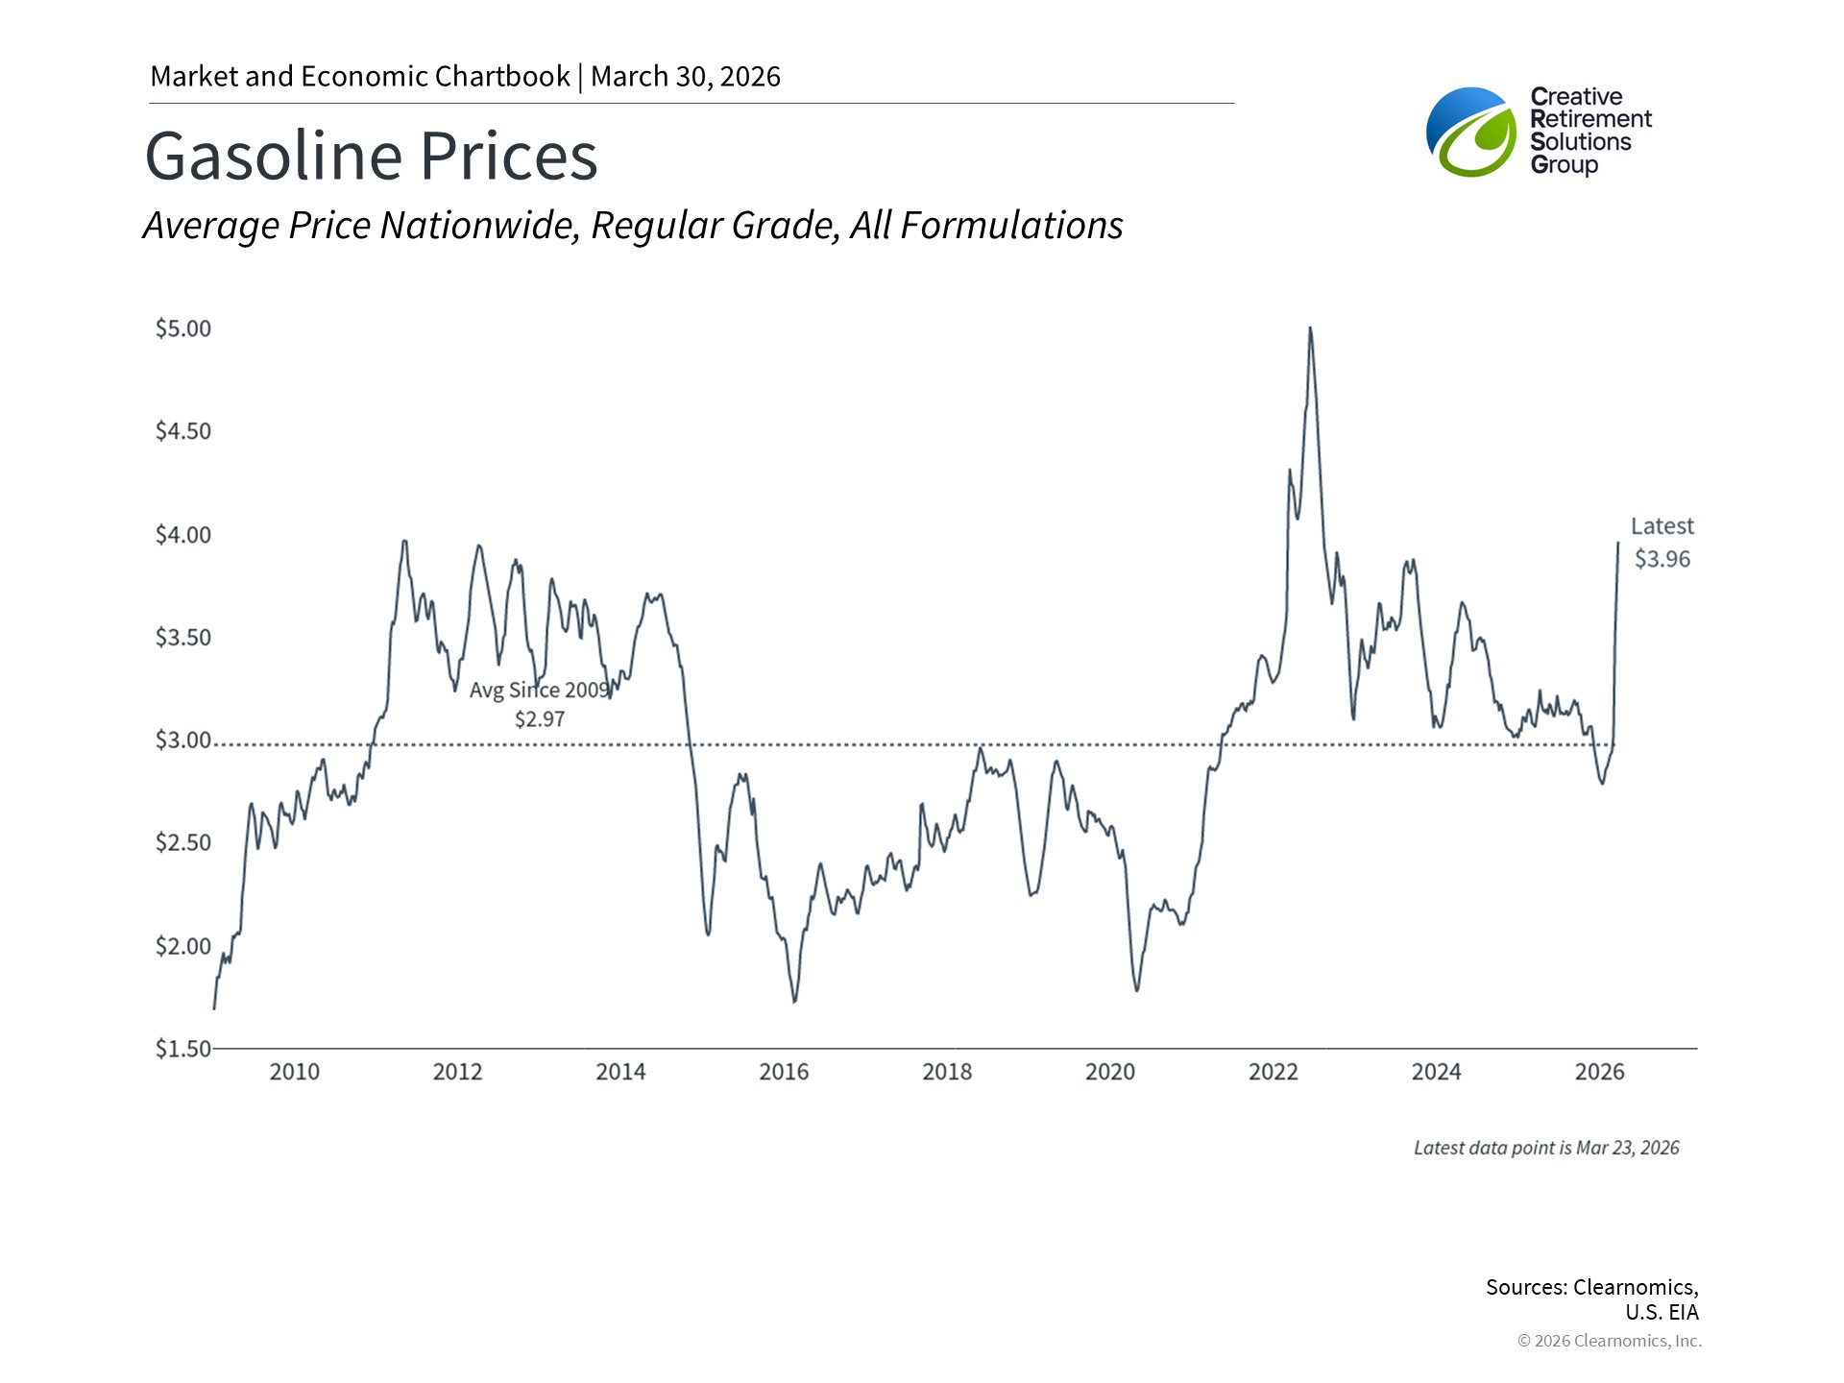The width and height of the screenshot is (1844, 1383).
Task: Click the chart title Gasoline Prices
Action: [371, 157]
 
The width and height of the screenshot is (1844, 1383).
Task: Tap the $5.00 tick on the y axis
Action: [182, 328]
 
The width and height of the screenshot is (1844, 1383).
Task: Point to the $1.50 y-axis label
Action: [182, 1048]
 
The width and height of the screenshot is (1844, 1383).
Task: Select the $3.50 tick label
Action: [182, 638]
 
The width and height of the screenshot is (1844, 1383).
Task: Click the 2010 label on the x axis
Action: [294, 1072]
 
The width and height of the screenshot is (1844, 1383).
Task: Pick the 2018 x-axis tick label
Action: [947, 1072]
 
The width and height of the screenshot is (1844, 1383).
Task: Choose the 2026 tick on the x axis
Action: [1599, 1072]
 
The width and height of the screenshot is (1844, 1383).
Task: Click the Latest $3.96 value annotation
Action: [1662, 558]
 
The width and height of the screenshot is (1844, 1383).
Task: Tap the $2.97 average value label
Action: [540, 719]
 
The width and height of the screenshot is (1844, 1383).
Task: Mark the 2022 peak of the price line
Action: [1310, 328]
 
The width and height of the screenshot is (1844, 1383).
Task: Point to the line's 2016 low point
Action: [794, 1002]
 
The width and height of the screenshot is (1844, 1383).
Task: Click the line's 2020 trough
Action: [1137, 990]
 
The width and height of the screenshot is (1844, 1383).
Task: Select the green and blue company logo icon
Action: [1471, 133]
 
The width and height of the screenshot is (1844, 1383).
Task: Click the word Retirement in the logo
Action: [1590, 119]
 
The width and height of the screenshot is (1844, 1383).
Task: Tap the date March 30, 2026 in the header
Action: [685, 77]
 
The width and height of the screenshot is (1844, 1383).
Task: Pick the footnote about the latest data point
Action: [1546, 1148]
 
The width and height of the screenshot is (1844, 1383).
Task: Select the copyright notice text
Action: [1609, 1341]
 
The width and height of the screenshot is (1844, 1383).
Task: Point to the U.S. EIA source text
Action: [1662, 1312]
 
